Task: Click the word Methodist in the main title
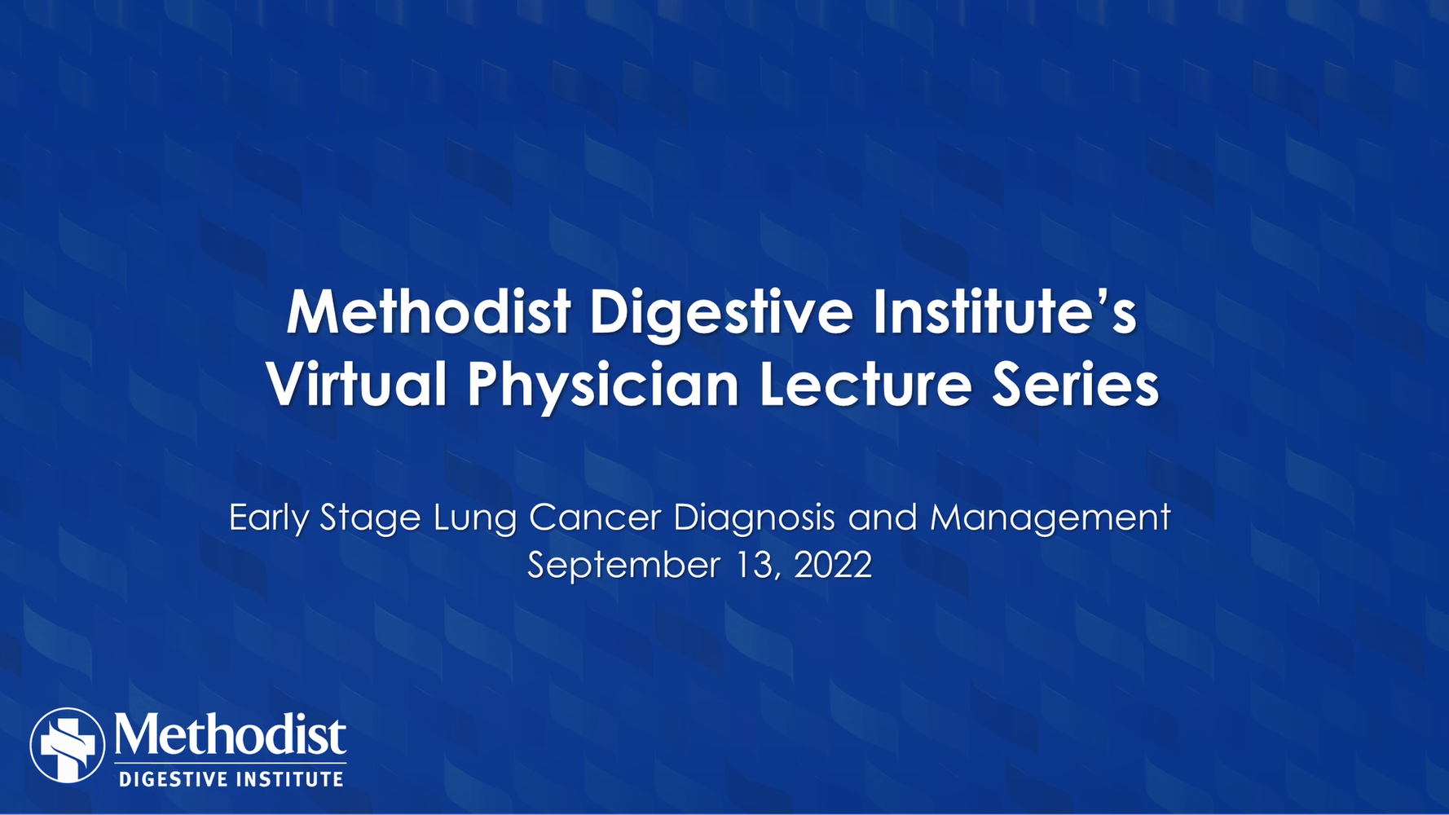point(428,312)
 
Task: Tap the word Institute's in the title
point(1005,312)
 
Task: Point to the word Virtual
point(356,384)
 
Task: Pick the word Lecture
point(865,384)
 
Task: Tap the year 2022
point(833,565)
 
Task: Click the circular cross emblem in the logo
point(68,745)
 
